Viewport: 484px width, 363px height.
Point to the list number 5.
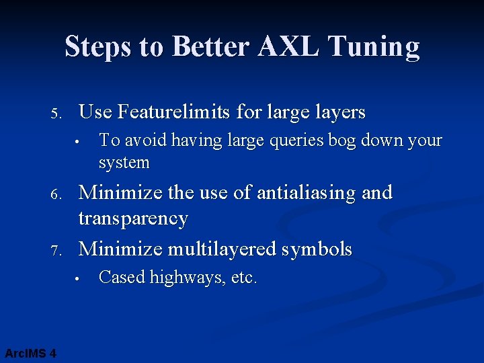tap(57, 113)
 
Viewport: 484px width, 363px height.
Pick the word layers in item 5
tap(339, 112)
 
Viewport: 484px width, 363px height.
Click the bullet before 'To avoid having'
tap(78, 142)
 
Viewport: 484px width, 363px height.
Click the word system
tap(124, 163)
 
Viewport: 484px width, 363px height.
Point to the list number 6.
tap(57, 194)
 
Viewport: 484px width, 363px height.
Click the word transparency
tap(133, 218)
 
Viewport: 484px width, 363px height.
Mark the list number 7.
tap(57, 250)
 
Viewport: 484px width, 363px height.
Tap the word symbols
tap(317, 249)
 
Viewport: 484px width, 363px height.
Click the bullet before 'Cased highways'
tap(78, 278)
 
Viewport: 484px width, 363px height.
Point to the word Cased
tap(122, 277)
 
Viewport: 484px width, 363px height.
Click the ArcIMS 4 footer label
tap(30, 353)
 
